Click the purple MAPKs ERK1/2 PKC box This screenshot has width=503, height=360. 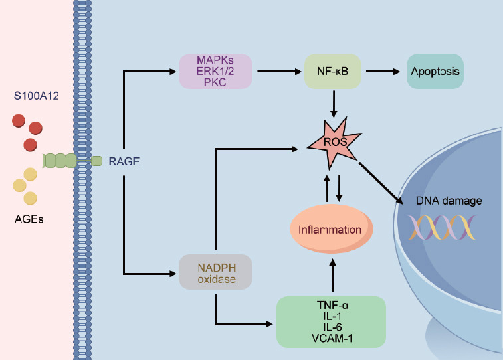pos(215,71)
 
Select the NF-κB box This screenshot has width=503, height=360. pos(333,71)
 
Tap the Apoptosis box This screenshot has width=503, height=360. pos(435,71)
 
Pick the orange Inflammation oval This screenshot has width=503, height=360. pos(332,229)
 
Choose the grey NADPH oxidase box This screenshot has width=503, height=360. pos(215,272)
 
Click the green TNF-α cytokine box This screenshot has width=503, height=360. pos(331,322)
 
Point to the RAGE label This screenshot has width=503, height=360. pos(124,161)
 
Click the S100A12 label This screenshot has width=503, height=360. pos(37,96)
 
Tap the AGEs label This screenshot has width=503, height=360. pos(29,219)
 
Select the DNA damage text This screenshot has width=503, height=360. pos(449,201)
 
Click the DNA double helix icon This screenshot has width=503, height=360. pos(442,228)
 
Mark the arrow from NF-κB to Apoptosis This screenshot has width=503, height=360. pos(383,72)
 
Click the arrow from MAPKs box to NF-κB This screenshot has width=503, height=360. pos(279,72)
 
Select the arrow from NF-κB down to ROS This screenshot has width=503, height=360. pos(334,104)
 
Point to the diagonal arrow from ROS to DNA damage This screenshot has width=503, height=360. pos(381,183)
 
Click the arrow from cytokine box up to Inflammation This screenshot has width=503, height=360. pos(333,276)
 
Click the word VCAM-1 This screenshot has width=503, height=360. pos(332,339)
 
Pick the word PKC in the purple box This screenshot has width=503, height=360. pos(215,82)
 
